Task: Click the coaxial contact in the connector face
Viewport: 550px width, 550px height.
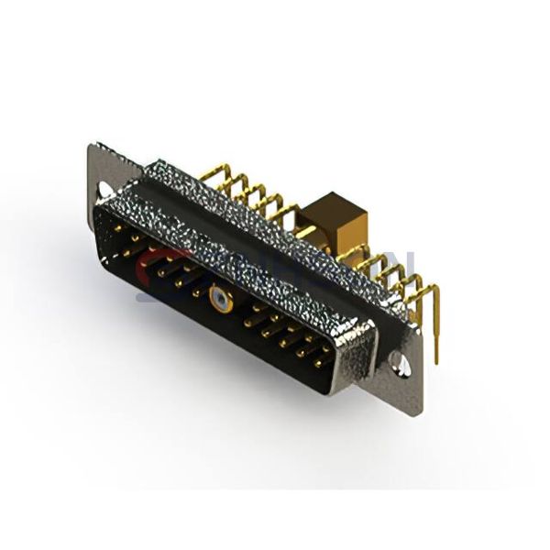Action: click(x=219, y=297)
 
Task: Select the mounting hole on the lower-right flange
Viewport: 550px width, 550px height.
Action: click(x=400, y=364)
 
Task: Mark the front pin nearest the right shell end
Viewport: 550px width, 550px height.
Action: click(x=321, y=360)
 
